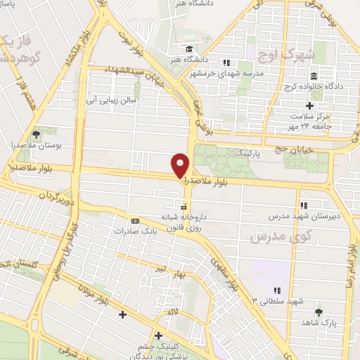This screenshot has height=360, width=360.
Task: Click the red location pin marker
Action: point(181,165)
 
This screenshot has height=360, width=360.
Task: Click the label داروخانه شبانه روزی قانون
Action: point(178,222)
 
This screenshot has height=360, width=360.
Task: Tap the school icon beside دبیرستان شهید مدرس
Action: point(303,205)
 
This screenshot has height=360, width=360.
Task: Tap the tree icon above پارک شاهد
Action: point(319,311)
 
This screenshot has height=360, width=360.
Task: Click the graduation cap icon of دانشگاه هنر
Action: point(188,49)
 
